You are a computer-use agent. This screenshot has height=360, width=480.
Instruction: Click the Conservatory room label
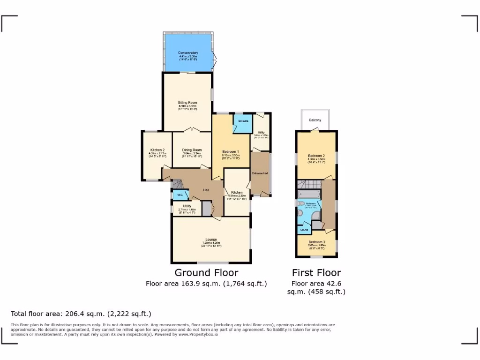pos(188,53)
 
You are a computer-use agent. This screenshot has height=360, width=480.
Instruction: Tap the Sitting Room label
pos(187,103)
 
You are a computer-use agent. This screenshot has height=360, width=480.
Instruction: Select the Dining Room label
pos(192,150)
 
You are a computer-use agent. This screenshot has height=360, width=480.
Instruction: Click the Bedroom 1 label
pos(231,151)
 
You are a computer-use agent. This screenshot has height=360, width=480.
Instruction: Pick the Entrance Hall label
pos(260,173)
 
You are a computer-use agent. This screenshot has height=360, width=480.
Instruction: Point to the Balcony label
pos(315,120)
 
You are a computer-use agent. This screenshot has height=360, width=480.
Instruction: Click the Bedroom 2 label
pos(316,156)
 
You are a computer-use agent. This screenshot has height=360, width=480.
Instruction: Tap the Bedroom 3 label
pos(316,242)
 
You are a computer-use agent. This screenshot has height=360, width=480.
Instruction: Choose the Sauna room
pos(304,230)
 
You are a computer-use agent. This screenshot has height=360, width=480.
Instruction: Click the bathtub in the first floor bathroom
pos(308,195)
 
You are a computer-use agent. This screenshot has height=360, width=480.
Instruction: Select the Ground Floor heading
pos(206,273)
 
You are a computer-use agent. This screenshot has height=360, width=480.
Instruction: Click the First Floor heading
pos(316,273)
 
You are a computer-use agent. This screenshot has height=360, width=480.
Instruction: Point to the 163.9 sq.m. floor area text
pos(206,283)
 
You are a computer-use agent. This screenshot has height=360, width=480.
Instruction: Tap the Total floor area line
pos(81,314)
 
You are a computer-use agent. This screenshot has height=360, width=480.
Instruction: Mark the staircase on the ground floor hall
pos(168,183)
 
